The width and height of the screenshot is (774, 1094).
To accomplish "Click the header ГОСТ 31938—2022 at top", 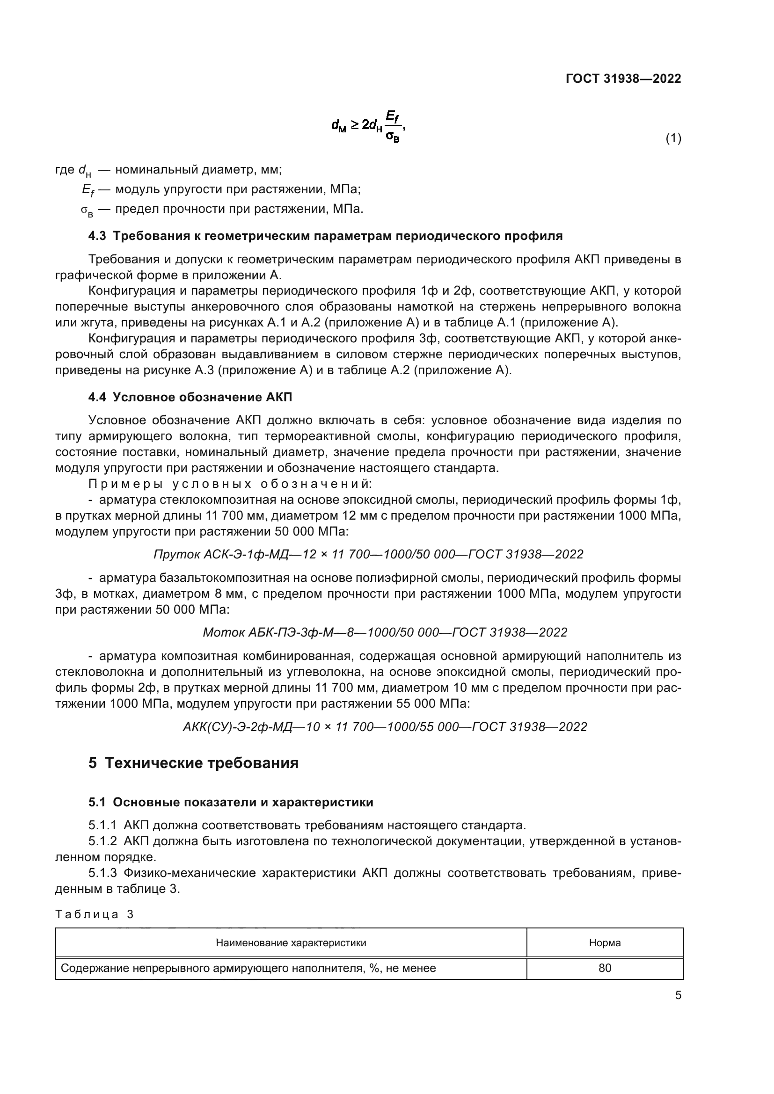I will [623, 79].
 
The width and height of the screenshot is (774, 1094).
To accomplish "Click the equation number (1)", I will [673, 138].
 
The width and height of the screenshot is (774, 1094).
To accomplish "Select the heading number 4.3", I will [97, 236].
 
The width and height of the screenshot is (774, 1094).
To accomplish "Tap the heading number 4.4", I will [97, 397].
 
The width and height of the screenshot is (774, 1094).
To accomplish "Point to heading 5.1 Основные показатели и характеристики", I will [231, 803].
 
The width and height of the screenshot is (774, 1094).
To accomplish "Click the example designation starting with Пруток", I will [368, 554].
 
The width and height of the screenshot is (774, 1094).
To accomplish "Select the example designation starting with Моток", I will [385, 632].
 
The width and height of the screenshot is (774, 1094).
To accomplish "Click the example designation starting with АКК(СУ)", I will [385, 727].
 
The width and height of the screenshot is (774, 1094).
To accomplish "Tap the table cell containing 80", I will [604, 968].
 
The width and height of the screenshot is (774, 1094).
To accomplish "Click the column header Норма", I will [604, 942].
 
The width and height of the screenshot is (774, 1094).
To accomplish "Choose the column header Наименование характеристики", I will [291, 942].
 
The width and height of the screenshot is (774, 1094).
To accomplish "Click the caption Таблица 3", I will [95, 914].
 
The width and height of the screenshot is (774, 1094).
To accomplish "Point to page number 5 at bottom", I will [678, 995].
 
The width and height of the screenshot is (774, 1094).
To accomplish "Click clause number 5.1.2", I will [102, 841].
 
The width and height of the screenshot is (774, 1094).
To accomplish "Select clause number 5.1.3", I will [102, 873].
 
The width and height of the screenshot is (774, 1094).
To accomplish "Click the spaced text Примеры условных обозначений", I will [230, 484].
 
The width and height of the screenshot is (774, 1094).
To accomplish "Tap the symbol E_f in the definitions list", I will [88, 190].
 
